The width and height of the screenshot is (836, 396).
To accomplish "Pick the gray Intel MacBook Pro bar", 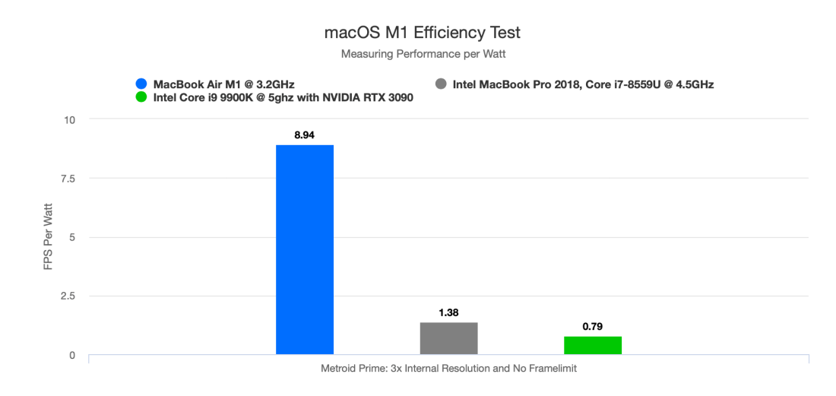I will tap(448, 338).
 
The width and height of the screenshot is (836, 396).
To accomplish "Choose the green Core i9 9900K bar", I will tap(593, 345).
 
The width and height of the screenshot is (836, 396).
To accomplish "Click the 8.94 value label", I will tap(304, 135).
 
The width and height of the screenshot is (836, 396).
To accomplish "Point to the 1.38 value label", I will tap(448, 312).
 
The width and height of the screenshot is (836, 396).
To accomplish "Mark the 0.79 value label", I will tap(593, 327).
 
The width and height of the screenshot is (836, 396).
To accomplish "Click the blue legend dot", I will tap(141, 84).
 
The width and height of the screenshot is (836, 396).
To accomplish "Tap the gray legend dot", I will tap(441, 84).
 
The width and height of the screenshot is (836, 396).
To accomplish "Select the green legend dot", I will tap(141, 98).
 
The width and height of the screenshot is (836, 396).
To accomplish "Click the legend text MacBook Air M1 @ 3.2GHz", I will tap(224, 84).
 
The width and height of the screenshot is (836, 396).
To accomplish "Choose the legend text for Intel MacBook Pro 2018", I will tap(583, 84).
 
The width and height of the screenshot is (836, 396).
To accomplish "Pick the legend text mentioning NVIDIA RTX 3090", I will tap(283, 98).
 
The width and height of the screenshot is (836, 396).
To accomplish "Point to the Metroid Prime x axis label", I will tap(448, 369).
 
